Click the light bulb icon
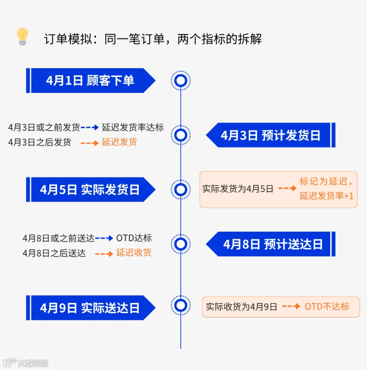[22, 37]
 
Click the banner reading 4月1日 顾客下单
[90, 81]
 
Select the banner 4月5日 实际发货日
[90, 190]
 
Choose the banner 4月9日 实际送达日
[90, 308]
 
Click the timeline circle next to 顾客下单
[181, 81]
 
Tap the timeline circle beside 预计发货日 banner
[181, 135]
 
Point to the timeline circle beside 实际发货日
[181, 190]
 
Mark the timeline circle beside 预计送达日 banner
[181, 244]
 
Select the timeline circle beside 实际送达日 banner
[181, 306]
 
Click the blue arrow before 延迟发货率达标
[90, 127]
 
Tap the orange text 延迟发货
[119, 142]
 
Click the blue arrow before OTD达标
[104, 238]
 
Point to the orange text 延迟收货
[134, 252]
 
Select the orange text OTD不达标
[327, 307]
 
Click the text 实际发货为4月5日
[238, 189]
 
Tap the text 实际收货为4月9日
[241, 307]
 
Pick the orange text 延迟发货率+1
[327, 196]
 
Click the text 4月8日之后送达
[54, 253]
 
